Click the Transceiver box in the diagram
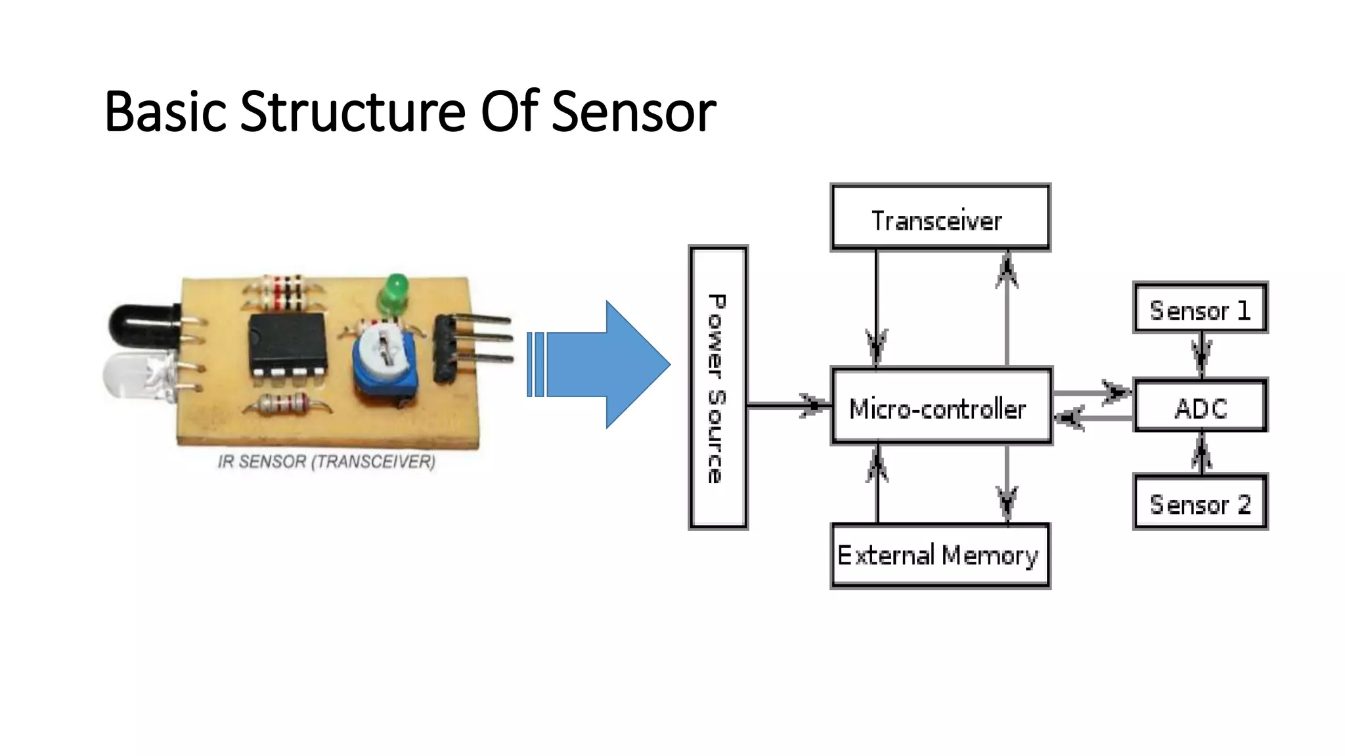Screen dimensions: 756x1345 pos(940,218)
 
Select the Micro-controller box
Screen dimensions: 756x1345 pos(941,407)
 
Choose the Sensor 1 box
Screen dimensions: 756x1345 pos(1201,308)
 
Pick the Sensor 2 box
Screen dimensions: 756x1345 pos(1201,503)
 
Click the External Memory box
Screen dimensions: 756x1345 pos(940,555)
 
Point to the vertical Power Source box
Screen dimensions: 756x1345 pos(718,388)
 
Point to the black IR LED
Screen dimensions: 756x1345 pos(141,327)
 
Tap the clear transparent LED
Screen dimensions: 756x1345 pos(135,377)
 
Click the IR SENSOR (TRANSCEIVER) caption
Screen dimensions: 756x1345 pos(326,462)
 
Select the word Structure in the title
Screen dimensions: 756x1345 pos(353,112)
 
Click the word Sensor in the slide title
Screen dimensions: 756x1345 pos(633,112)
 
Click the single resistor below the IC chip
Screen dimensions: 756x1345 pos(287,404)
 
